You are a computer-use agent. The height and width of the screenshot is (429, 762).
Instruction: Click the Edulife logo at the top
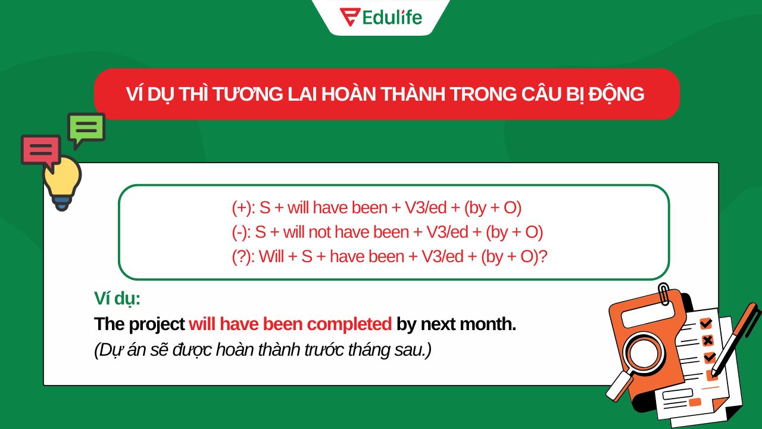(x=380, y=17)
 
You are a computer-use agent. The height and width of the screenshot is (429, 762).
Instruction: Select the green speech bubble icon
(x=86, y=128)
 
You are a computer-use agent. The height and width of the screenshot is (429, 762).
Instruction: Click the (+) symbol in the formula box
(x=242, y=207)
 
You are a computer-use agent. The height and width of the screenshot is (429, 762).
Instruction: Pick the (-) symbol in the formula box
(x=239, y=232)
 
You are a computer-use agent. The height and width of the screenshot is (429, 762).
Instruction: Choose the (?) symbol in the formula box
(x=243, y=257)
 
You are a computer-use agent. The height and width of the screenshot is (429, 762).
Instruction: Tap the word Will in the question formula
(x=271, y=257)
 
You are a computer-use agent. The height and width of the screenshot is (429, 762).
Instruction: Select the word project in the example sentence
(x=156, y=325)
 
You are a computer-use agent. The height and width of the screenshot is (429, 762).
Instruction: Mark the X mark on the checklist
(x=707, y=340)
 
